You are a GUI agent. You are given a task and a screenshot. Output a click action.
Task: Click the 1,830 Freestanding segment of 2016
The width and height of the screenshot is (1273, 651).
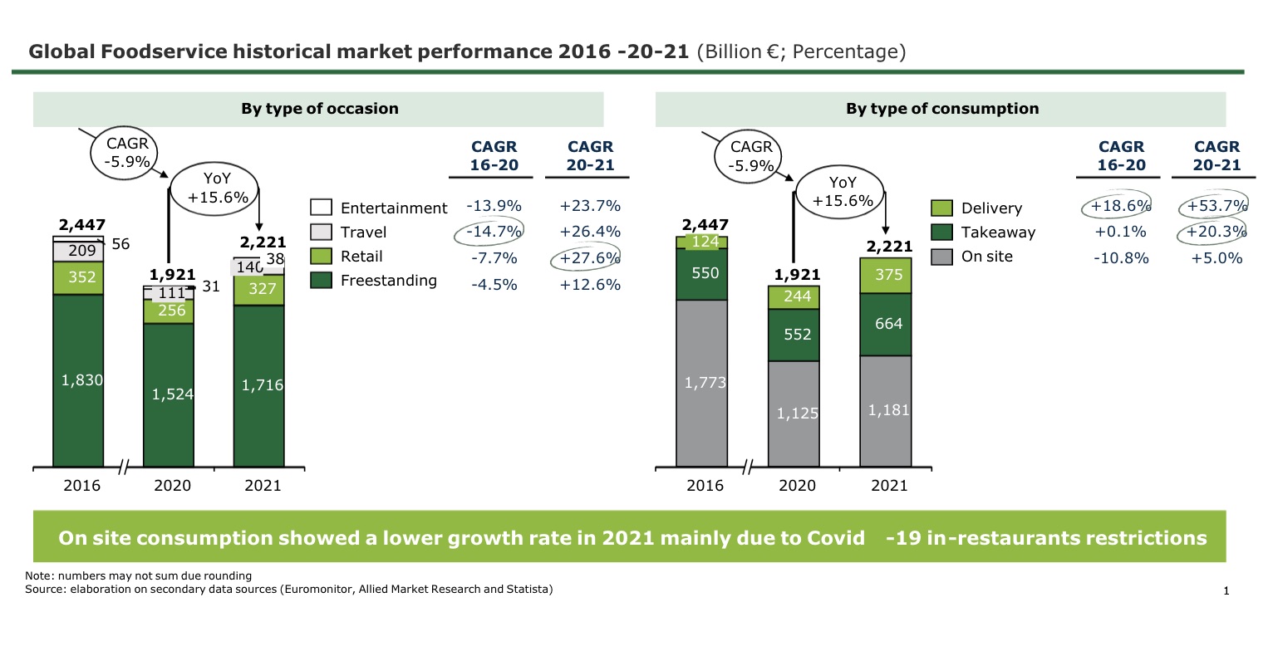pos(78,380)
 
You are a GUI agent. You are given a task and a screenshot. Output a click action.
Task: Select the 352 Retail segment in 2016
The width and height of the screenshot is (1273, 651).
pos(78,277)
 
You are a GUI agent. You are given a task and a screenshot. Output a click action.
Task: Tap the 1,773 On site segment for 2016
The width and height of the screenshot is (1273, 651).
pos(701,383)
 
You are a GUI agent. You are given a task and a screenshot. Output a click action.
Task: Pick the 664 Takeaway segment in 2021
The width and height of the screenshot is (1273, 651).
pos(885,324)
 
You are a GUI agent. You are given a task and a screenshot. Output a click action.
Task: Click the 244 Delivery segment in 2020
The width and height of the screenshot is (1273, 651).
pos(794,297)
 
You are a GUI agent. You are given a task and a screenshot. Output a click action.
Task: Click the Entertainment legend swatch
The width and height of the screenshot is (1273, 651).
pos(321,208)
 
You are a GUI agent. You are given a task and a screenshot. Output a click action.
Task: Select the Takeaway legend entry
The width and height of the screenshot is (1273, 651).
pos(998,232)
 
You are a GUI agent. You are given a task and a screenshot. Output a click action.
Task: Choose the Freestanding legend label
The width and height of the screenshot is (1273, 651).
pos(388,281)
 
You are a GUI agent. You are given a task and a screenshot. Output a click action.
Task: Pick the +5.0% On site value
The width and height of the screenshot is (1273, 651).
pos(1216,258)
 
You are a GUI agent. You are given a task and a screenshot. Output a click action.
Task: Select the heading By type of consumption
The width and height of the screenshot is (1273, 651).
pos(941,109)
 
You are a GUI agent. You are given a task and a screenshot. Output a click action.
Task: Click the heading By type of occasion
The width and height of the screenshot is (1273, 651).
pos(319,109)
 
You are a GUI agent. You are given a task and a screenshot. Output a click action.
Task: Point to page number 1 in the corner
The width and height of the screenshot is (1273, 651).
pos(1226,591)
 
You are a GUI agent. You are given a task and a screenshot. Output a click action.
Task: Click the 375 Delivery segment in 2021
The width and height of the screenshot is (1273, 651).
pos(885,275)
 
